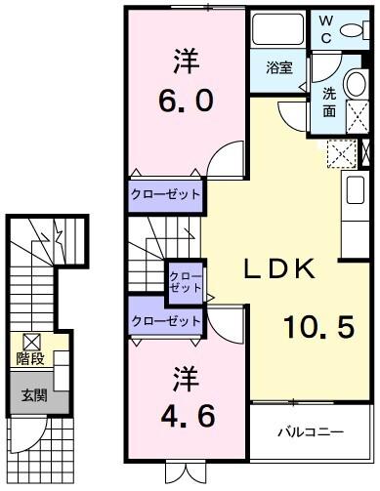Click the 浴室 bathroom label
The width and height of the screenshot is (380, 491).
(278, 67)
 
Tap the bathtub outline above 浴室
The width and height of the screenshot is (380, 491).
(278, 32)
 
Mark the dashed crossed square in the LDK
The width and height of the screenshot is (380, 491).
(342, 155)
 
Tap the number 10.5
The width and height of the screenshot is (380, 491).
(317, 328)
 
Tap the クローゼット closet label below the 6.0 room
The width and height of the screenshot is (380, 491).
(165, 194)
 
